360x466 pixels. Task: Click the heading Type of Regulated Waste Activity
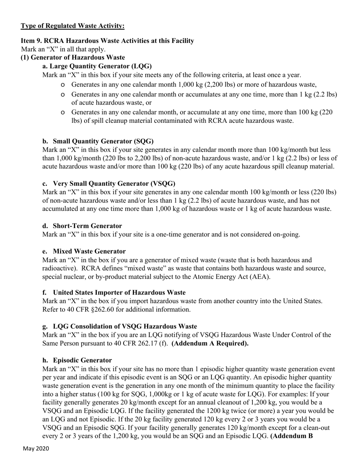point(72,26)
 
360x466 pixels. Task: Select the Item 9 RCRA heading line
point(107,41)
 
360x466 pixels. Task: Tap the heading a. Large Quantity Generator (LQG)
point(97,66)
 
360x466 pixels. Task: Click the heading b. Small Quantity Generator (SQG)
point(98,141)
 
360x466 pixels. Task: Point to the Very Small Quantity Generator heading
point(109,183)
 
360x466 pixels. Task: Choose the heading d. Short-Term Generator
point(82,226)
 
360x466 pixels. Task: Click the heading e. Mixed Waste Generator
point(84,251)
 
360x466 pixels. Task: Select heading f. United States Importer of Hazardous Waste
point(114,292)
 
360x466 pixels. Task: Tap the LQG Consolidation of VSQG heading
point(119,326)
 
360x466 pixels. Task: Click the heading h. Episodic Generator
point(77,360)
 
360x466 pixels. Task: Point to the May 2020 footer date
point(36,449)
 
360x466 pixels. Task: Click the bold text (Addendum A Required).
point(210,344)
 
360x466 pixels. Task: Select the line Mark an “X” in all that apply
point(63,49)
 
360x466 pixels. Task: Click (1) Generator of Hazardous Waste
point(73,58)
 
